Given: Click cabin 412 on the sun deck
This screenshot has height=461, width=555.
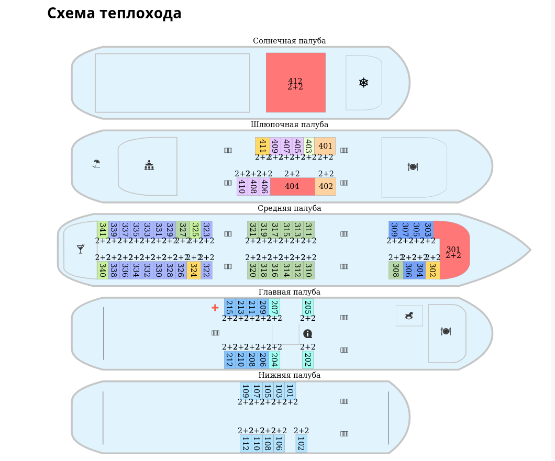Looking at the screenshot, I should (295, 83).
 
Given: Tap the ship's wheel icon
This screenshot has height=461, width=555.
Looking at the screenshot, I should (364, 83).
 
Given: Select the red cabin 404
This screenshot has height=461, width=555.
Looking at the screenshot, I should (292, 186).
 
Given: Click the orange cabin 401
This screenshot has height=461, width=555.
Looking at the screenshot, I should (325, 146).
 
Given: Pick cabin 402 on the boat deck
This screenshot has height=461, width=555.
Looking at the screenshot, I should (326, 186).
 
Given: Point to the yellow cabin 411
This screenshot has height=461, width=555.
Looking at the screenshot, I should (262, 146).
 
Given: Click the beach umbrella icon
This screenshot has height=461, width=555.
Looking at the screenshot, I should (96, 164).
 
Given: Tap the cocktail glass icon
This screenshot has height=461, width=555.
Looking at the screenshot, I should (81, 249).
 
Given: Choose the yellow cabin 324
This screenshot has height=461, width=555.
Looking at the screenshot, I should (193, 270).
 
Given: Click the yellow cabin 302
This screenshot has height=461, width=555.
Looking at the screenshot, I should (432, 270).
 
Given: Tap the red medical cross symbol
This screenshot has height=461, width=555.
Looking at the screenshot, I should (215, 307).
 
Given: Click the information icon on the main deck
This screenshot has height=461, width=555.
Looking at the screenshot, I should (308, 333).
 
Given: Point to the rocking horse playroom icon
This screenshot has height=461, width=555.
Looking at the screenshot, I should (409, 316).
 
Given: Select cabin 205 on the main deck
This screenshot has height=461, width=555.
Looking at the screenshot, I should (307, 307).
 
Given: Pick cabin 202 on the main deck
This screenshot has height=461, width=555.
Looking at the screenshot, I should (307, 359).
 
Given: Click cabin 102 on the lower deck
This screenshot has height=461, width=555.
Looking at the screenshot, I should (301, 443).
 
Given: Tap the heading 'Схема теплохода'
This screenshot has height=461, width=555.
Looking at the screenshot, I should (114, 14).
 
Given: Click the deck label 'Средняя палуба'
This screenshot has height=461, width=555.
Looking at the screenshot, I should (289, 208).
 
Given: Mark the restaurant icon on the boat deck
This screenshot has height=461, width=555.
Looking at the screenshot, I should (413, 166).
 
